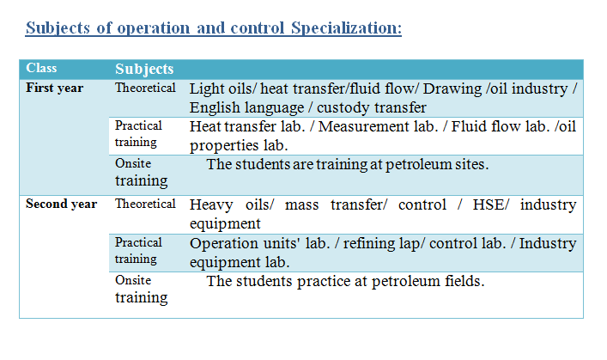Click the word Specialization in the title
(346, 28)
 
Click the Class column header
(41, 68)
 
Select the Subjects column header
(144, 69)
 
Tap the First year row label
(55, 88)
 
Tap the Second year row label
(62, 204)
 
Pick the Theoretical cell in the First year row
(145, 88)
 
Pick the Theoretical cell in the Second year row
(145, 204)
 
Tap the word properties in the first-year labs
(224, 146)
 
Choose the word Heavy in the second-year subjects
(211, 205)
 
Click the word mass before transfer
(301, 205)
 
